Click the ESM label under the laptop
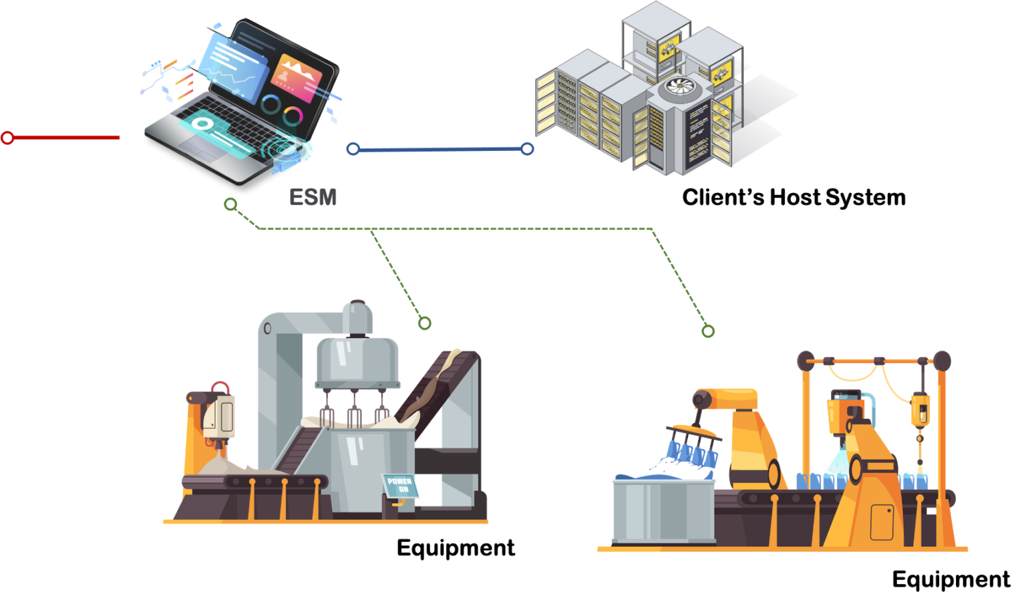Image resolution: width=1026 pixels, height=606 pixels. pyautogui.click(x=313, y=197)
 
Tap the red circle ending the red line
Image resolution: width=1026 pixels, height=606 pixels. pyautogui.click(x=7, y=138)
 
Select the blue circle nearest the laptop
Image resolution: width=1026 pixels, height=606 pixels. pyautogui.click(x=353, y=149)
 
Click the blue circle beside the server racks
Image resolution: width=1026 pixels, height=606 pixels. pyautogui.click(x=527, y=149)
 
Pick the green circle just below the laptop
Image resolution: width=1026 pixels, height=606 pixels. pyautogui.click(x=230, y=204)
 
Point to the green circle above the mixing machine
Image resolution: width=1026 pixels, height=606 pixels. pyautogui.click(x=424, y=323)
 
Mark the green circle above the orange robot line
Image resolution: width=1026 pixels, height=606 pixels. pyautogui.click(x=708, y=331)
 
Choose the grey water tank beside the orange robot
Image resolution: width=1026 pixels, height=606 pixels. pyautogui.click(x=663, y=510)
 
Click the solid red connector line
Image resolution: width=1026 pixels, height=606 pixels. pyautogui.click(x=67, y=138)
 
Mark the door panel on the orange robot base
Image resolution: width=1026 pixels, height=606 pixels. pyautogui.click(x=882, y=522)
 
